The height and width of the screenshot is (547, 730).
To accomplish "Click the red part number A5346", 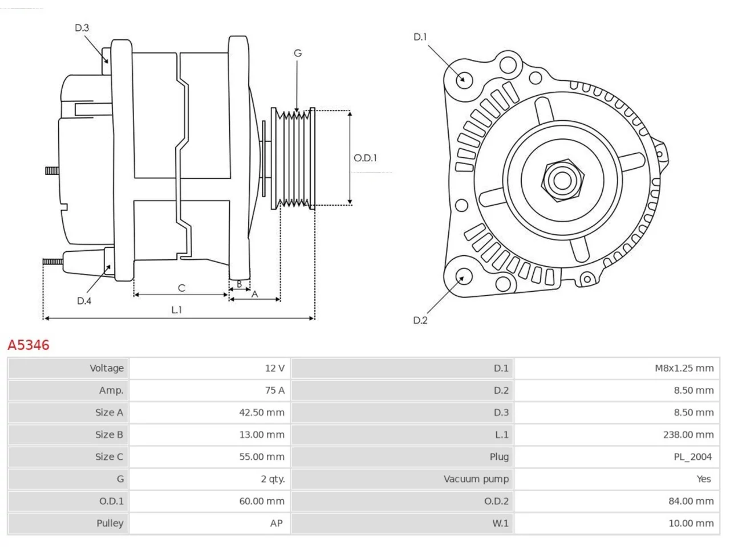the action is tap(29, 345).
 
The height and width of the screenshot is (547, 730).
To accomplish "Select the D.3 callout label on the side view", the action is tap(82, 27).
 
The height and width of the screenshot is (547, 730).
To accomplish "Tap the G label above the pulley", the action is tap(298, 53).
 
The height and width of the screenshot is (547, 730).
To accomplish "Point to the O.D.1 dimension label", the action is tap(365, 158).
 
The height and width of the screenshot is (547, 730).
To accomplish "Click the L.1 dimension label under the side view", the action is tap(177, 310).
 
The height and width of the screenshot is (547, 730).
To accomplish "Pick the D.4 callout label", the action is tap(84, 301).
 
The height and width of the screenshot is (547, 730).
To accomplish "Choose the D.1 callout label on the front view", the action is tap(420, 37).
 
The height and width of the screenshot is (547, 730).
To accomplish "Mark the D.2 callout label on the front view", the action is tap(420, 320).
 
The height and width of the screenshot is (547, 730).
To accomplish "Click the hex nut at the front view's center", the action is tap(562, 181).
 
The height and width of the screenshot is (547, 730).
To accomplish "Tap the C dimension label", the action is tap(181, 288).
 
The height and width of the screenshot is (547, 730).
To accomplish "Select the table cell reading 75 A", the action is tap(275, 390).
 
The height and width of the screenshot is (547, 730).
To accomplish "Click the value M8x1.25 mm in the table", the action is tap(684, 368).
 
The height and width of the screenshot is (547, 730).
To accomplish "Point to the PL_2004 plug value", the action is tap(693, 456).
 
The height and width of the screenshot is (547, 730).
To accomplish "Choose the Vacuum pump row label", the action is tap(476, 479).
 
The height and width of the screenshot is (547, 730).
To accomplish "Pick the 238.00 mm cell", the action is tap(688, 434).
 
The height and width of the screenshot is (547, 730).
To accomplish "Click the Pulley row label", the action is tap(109, 523).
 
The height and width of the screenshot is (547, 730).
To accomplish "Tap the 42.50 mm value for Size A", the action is tap(262, 413).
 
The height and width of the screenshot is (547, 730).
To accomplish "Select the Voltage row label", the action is tap(107, 368).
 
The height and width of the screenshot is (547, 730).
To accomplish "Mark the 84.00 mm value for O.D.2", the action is tap(691, 501).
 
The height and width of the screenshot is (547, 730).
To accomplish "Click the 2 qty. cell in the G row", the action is tap(273, 479).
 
